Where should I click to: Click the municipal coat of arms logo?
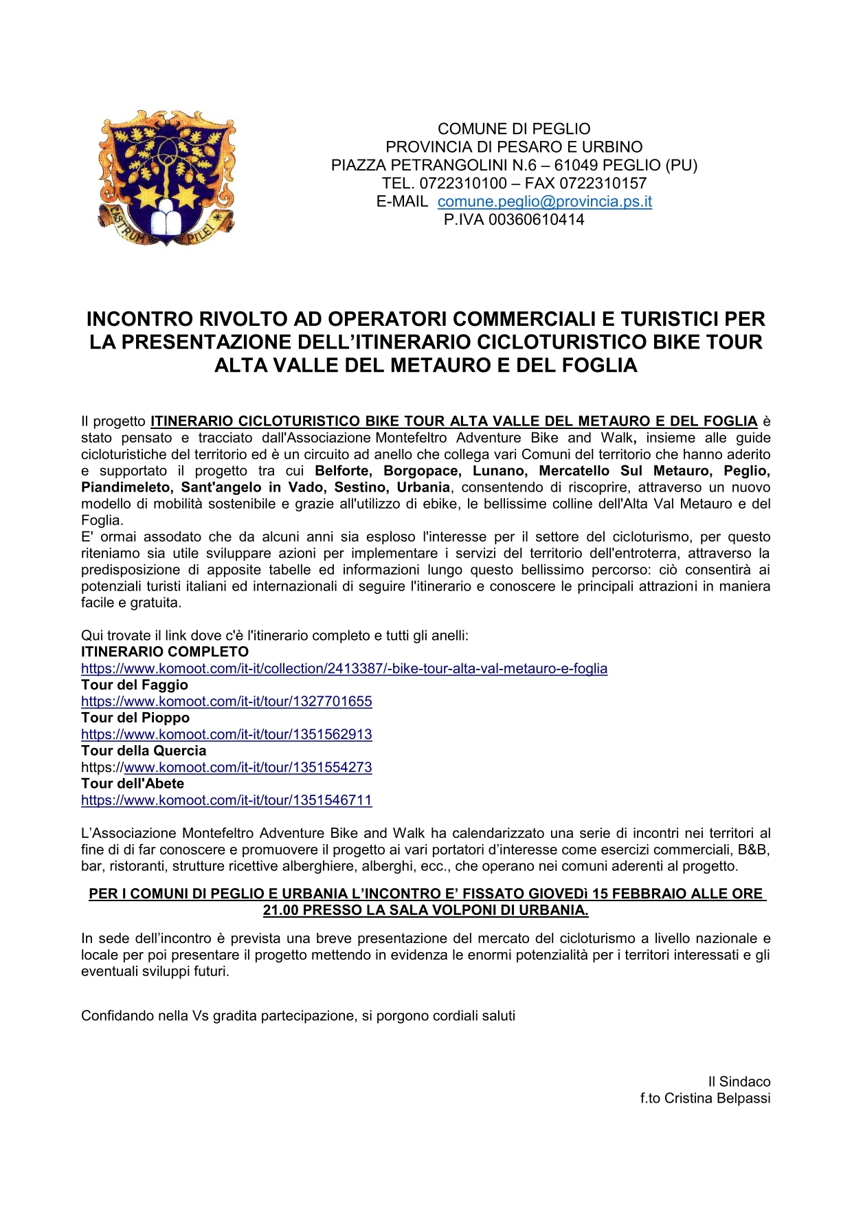pos(167,177)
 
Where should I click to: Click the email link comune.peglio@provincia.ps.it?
pos(544,201)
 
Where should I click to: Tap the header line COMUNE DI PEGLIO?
pos(514,129)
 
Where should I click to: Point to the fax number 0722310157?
pos(603,184)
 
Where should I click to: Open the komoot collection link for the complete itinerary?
pos(344,669)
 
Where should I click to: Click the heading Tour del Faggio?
pos(135,685)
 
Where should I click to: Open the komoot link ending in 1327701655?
pos(226,702)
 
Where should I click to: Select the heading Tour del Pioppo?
pos(135,718)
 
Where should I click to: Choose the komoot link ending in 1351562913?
pos(226,735)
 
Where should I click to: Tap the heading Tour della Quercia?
pos(144,751)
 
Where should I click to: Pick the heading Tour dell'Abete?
pos(133,784)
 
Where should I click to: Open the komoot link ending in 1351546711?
pos(226,801)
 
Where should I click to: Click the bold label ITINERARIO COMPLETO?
pos(165,652)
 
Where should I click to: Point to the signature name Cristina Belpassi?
pos(717,1098)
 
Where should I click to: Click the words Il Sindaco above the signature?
pos(739,1082)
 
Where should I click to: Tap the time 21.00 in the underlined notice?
pos(281,911)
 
